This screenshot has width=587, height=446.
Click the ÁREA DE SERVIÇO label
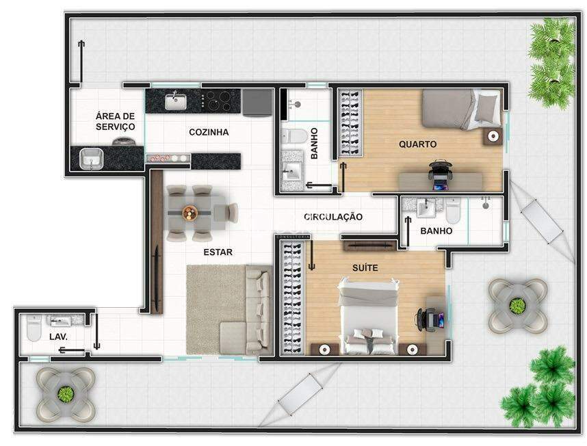[x=116, y=122]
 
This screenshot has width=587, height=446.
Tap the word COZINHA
[x=209, y=132]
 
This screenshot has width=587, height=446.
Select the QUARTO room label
[x=417, y=144]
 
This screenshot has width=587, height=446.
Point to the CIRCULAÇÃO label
[x=332, y=217]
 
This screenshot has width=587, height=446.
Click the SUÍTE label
[x=365, y=268]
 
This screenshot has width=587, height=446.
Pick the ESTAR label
[x=218, y=252]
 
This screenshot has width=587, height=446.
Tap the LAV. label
[x=58, y=337]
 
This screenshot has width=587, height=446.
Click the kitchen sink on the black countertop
[x=176, y=102]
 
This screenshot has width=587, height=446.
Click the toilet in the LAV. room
[x=34, y=328]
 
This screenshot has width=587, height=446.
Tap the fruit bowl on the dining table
[x=190, y=213]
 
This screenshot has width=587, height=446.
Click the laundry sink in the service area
[x=92, y=159]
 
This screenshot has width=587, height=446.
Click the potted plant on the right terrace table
[x=517, y=306]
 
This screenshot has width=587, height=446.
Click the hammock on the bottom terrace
[x=300, y=395]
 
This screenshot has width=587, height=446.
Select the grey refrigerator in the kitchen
[x=257, y=102]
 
